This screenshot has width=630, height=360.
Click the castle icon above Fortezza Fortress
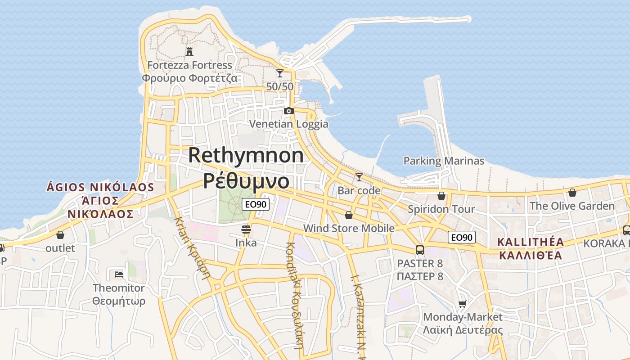click(x=189, y=52)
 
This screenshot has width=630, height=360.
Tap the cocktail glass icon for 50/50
click(x=280, y=73)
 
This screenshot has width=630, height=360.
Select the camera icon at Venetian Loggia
click(x=288, y=111)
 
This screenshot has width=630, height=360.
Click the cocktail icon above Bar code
click(x=359, y=177)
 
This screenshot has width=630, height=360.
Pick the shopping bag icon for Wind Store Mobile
click(x=348, y=215)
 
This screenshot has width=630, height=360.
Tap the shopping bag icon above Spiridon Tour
click(x=441, y=196)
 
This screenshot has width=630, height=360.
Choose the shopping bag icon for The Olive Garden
click(x=572, y=193)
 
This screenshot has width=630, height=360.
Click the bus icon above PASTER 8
click(x=419, y=250)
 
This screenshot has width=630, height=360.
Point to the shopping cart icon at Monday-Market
click(x=462, y=304)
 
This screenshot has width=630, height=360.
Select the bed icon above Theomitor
click(x=119, y=274)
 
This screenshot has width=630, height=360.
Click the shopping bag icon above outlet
click(x=60, y=234)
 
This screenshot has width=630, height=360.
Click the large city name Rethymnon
click(x=246, y=155)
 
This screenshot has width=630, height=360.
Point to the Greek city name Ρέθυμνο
click(x=246, y=181)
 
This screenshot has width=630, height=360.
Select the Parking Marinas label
click(x=444, y=161)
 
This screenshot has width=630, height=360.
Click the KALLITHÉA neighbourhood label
click(x=530, y=242)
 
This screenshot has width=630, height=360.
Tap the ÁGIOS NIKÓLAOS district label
click(x=100, y=187)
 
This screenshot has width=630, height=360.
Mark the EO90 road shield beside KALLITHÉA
click(x=462, y=237)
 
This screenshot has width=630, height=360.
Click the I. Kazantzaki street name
click(x=358, y=315)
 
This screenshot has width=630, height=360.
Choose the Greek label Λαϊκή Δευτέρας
click(x=462, y=330)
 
